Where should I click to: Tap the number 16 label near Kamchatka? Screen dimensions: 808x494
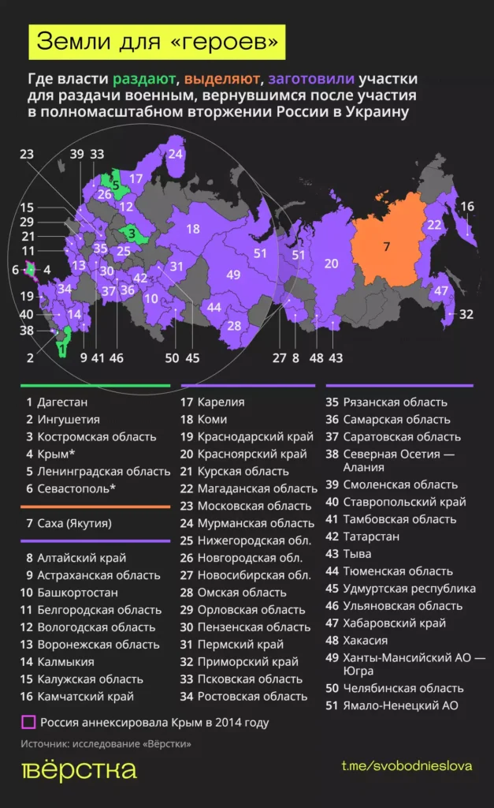click(x=467, y=207)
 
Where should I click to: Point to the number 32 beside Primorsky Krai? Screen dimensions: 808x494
click(x=466, y=314)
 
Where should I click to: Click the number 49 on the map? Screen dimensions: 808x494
click(x=232, y=275)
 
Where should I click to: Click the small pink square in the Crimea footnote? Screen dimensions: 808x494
click(x=28, y=722)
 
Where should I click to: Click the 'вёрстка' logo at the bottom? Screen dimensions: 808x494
click(x=78, y=770)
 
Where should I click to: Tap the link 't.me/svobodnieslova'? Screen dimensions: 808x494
click(x=407, y=767)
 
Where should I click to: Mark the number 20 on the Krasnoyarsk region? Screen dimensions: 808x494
click(x=331, y=263)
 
